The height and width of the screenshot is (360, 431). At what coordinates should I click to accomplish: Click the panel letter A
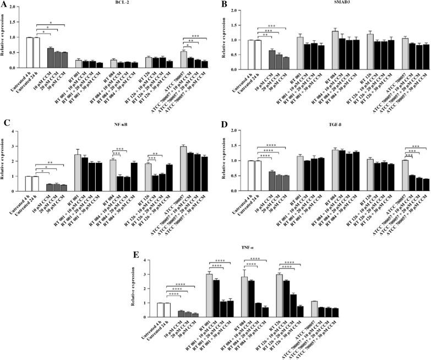tap(4, 6)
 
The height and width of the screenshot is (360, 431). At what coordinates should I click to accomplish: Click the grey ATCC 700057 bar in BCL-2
tap(183, 59)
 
